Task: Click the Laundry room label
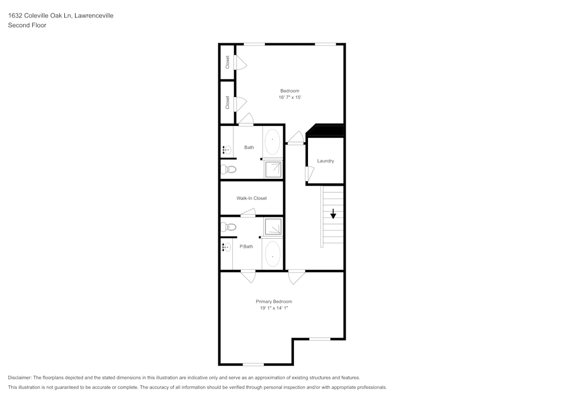pyautogui.click(x=325, y=161)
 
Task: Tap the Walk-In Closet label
pyautogui.click(x=252, y=198)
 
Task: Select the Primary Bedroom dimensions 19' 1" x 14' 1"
pyautogui.click(x=274, y=308)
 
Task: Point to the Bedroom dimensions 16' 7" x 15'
pyautogui.click(x=289, y=98)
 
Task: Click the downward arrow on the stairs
pyautogui.click(x=333, y=214)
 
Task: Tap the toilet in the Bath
pyautogui.click(x=228, y=169)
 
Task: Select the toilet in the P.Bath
pyautogui.click(x=228, y=227)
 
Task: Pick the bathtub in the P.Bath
pyautogui.click(x=272, y=253)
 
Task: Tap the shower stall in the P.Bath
pyautogui.click(x=273, y=226)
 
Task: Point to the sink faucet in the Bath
pyautogui.click(x=226, y=150)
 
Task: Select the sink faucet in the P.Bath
pyautogui.click(x=226, y=247)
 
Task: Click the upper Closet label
pyautogui.click(x=227, y=62)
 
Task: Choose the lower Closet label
pyautogui.click(x=227, y=102)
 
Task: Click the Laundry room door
pyautogui.click(x=309, y=174)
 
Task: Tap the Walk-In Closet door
pyautogui.click(x=248, y=213)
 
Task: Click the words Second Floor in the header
pyautogui.click(x=27, y=25)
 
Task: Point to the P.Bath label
pyautogui.click(x=246, y=247)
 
